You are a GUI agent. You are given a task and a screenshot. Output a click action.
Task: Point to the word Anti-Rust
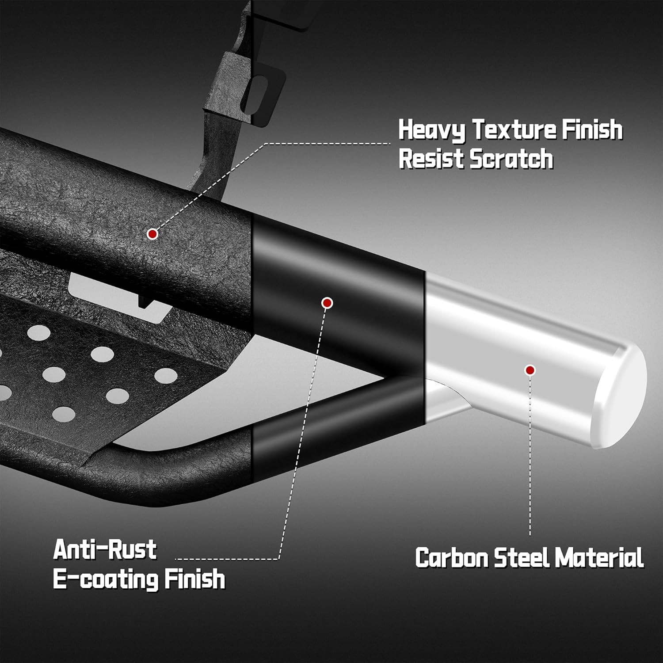[x=105, y=550]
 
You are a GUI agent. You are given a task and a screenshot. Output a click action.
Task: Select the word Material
[x=599, y=557]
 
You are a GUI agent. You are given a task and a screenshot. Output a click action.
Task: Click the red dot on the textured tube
[x=152, y=234]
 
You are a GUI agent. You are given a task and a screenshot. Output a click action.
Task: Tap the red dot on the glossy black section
[x=327, y=303]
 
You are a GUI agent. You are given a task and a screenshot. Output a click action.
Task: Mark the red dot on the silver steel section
[x=530, y=370]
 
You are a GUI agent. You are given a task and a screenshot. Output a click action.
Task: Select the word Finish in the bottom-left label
[x=194, y=579]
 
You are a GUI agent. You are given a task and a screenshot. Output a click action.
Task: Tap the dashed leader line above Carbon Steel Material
[x=530, y=456]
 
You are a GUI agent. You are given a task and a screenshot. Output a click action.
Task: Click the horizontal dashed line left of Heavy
[x=327, y=144]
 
